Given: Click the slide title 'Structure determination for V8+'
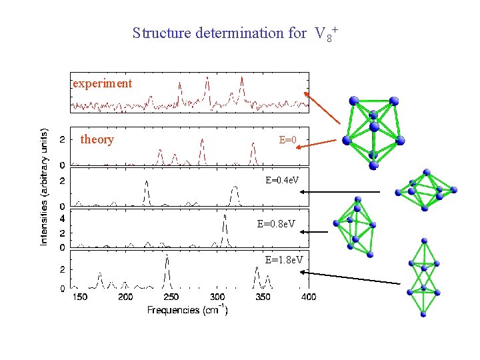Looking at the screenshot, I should pos(236,33).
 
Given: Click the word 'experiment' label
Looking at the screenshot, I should pos(103,83).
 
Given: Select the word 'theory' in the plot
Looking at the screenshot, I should pos(97,139).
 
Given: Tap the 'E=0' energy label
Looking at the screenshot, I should pos(287,140).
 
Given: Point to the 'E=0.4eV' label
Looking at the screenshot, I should pos(282,180).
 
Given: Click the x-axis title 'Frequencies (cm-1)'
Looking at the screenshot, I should pos(187,310).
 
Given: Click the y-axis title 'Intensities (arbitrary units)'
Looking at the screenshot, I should pos(45,186).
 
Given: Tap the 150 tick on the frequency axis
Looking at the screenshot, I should pos(80,296).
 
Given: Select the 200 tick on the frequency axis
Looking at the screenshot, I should pos(125,296).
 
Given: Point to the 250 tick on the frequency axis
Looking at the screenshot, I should pos(171,296).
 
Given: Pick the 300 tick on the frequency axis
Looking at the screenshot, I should pos(217,296).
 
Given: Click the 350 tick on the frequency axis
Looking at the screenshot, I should pos(263,296).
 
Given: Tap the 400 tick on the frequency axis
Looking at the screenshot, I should pos(309,296).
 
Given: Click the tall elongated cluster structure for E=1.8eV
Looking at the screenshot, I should pos(423,277).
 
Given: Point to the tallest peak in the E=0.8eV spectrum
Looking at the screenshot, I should pos(225,216).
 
